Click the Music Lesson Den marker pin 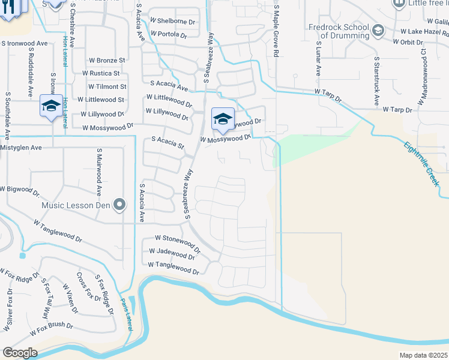point(119,205)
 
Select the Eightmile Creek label point(423,162)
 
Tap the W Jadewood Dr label point(172,254)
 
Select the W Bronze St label point(107,61)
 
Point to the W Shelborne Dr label point(173,22)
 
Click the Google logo point(20,353)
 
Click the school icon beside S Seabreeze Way point(223,118)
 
